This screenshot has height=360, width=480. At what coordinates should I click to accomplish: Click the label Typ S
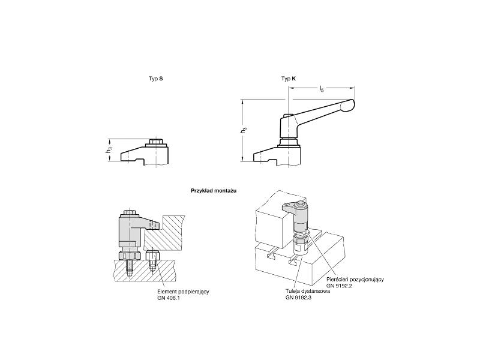tap(156, 79)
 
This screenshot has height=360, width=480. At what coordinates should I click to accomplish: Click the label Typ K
tap(289, 79)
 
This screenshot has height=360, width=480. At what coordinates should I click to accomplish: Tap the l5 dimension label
tap(322, 89)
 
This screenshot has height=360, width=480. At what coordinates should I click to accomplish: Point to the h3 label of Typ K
tap(244, 130)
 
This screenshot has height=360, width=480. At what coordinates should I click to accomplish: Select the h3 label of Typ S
tap(109, 151)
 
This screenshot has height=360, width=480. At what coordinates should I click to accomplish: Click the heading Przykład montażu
tap(214, 191)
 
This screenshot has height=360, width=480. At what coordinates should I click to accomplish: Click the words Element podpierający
tap(183, 292)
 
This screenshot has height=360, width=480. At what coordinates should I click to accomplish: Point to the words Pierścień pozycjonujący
tap(355, 279)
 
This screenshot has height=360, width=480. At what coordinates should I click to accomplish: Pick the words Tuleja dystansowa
tap(308, 291)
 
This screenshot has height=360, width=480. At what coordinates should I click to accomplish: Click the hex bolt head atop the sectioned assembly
tap(130, 212)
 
